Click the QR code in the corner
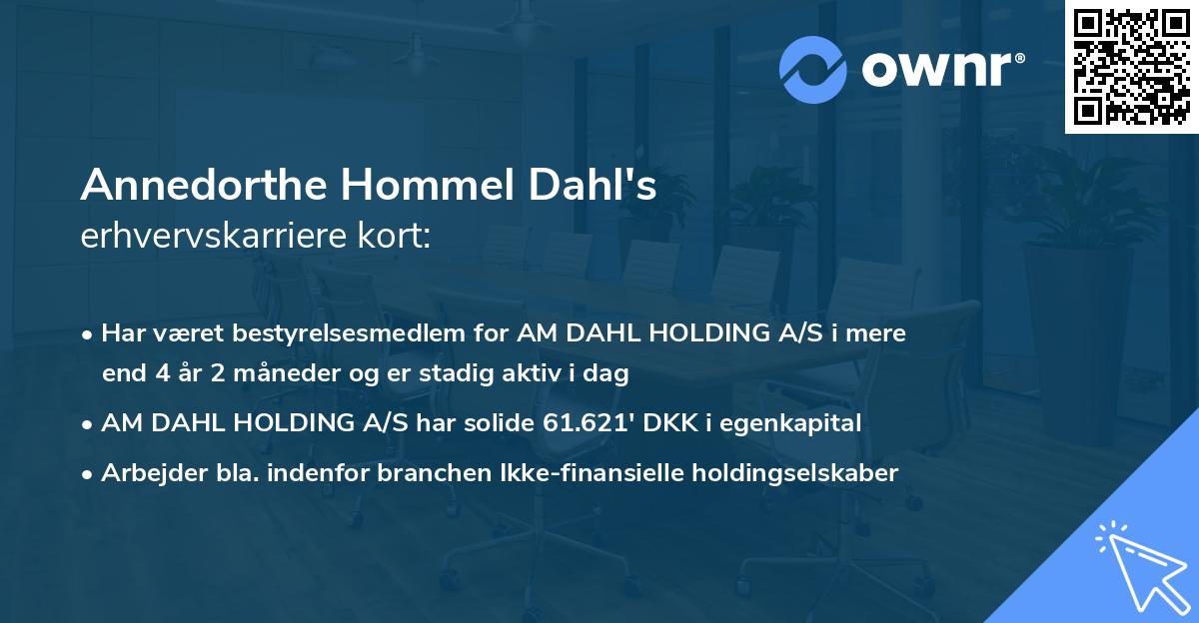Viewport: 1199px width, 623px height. coord(1131,66)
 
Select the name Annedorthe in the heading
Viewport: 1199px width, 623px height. coord(205,187)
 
